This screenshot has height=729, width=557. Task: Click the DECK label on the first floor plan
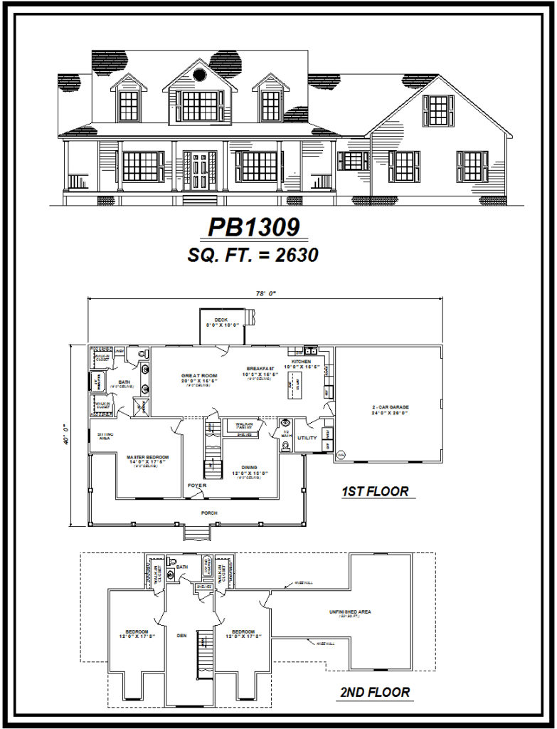click(222, 320)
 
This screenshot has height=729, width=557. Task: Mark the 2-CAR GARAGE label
click(389, 407)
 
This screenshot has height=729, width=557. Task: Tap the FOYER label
click(197, 486)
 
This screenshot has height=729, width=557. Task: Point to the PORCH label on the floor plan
click(208, 513)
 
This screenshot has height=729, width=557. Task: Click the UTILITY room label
click(307, 438)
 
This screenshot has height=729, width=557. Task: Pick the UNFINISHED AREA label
click(350, 612)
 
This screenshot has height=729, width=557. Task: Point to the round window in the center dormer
click(200, 75)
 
